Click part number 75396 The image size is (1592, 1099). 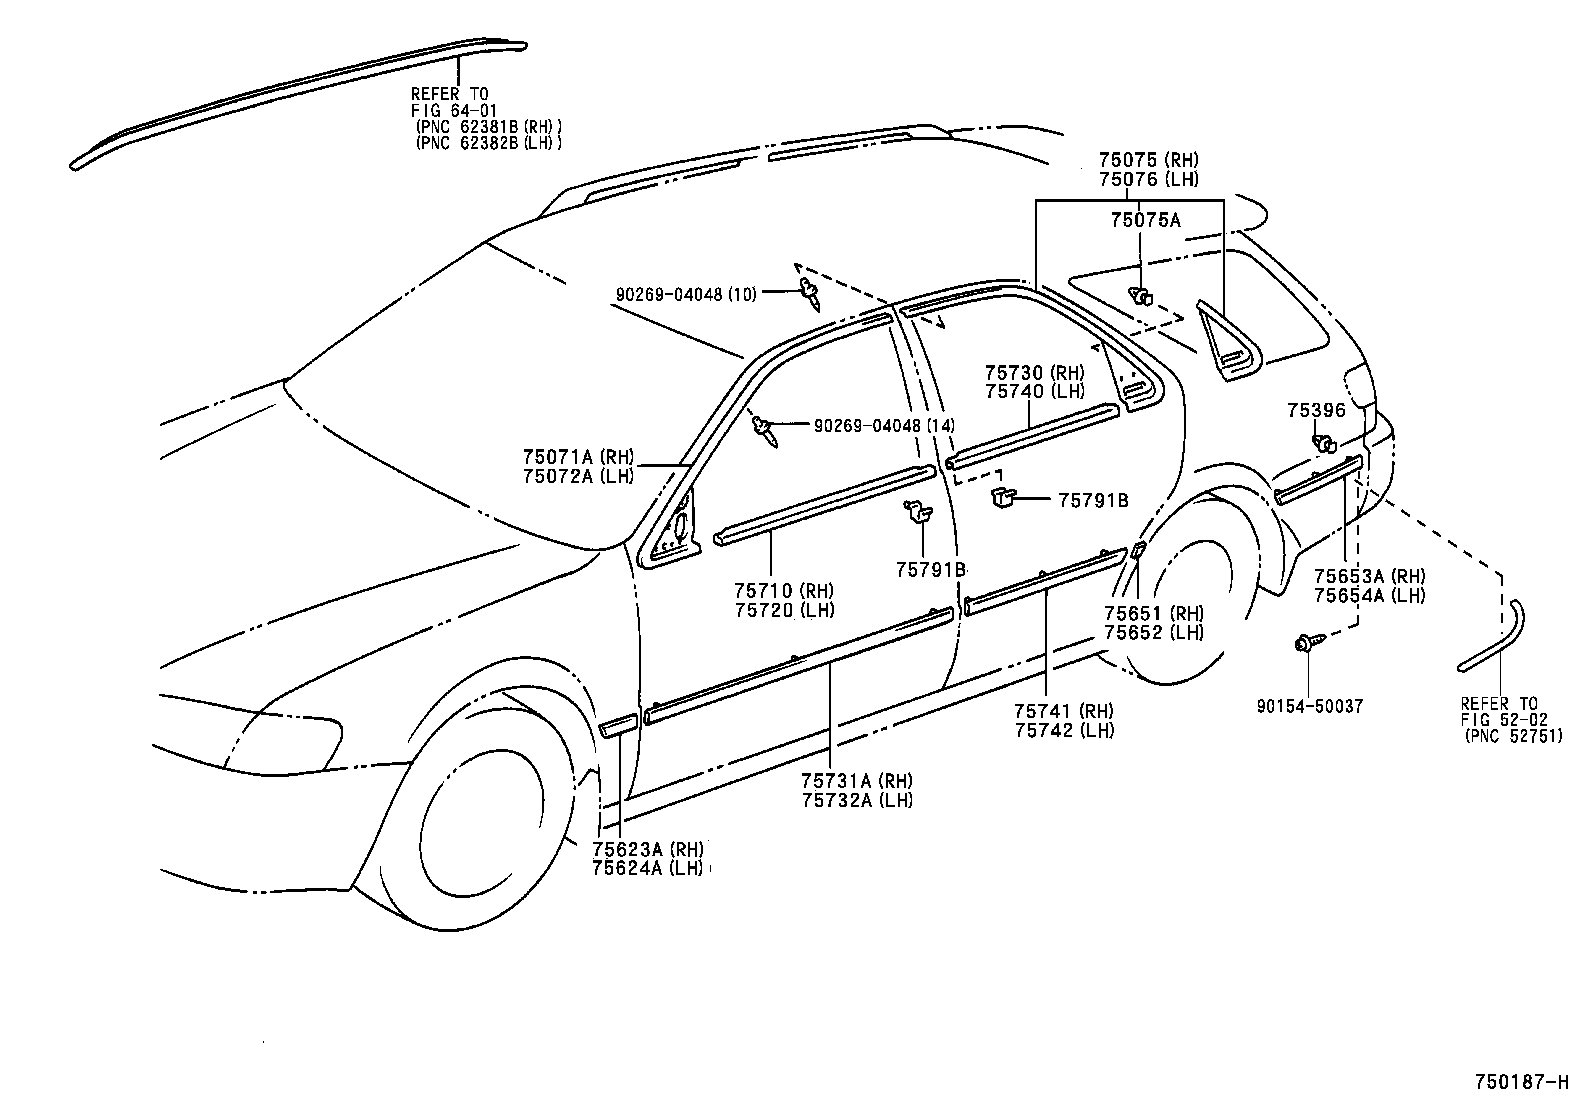tap(1316, 410)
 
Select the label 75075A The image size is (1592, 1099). tap(1145, 220)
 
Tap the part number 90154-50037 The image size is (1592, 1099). tap(1310, 706)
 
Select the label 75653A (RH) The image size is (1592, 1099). tap(1369, 577)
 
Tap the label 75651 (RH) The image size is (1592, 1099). tap(1153, 613)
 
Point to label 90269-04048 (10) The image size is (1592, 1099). tap(686, 294)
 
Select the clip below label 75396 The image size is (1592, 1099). tap(1325, 443)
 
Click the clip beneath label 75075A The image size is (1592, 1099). tap(1140, 295)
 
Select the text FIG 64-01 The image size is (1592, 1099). tap(454, 110)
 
